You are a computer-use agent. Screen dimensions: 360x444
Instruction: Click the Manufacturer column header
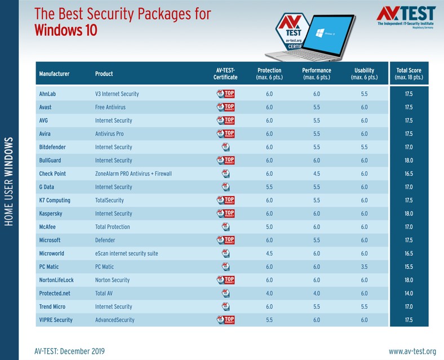click(x=54, y=74)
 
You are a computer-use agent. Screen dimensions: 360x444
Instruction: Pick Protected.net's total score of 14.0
click(x=409, y=294)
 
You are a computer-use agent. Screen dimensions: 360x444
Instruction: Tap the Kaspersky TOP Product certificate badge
click(x=225, y=214)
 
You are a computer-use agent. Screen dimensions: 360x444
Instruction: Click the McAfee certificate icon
click(x=225, y=227)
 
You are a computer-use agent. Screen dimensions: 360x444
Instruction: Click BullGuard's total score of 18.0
click(x=409, y=160)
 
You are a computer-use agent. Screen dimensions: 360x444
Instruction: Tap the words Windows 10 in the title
click(x=65, y=29)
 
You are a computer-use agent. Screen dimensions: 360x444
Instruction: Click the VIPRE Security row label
click(x=56, y=320)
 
